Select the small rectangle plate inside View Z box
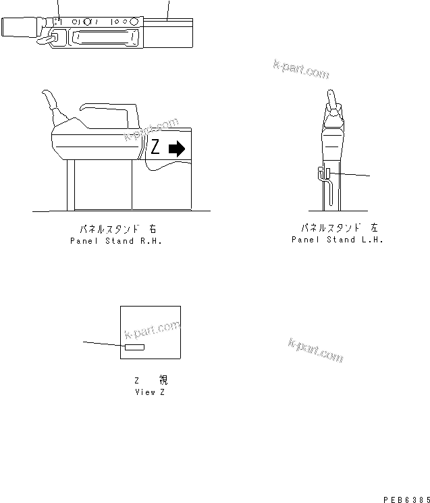(x=134, y=347)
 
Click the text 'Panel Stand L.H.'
(x=337, y=240)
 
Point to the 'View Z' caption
(x=149, y=392)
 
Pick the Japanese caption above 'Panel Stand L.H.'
(x=338, y=229)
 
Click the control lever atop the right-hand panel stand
(x=51, y=104)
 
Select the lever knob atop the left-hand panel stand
(x=331, y=101)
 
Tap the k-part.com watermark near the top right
(x=301, y=68)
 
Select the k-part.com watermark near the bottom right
(x=315, y=350)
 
